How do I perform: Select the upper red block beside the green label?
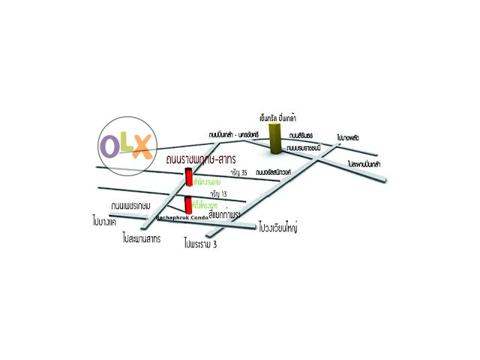click(x=188, y=177)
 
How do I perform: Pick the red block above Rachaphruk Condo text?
click(x=188, y=205)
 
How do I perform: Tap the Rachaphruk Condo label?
click(x=182, y=217)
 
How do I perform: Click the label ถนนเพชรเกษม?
click(x=131, y=205)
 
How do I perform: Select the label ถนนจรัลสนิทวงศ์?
click(x=274, y=172)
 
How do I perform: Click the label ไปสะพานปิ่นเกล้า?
click(x=364, y=163)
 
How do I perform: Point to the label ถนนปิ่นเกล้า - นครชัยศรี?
click(x=233, y=134)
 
